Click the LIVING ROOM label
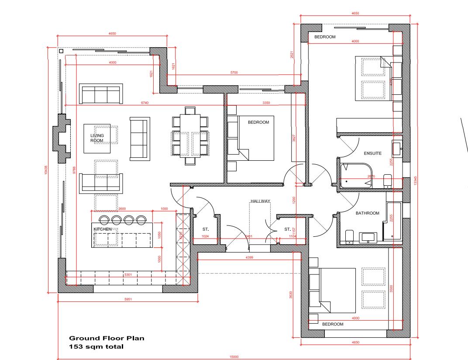tap(97, 138)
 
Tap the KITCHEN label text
tap(103, 229)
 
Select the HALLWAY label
tap(260, 201)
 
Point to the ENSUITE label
tap(372, 153)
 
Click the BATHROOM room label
tap(367, 213)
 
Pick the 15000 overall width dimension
tap(234, 357)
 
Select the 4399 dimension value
tap(249, 257)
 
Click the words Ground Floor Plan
tap(107, 338)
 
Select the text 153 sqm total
tap(96, 346)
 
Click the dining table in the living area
tap(190, 136)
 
